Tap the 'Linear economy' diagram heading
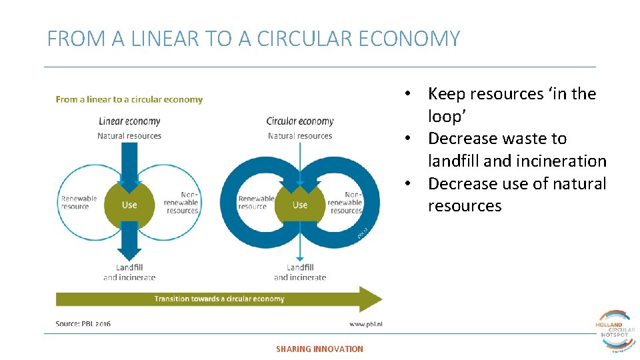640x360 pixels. tap(129, 121)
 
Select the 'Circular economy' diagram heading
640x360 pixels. tap(300, 121)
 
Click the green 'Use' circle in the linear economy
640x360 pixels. tap(129, 205)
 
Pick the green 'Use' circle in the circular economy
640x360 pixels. tap(300, 205)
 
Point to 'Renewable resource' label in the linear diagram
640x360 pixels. tap(79, 203)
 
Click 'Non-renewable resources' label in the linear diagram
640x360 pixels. tap(181, 202)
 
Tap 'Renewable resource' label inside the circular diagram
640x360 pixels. tap(256, 203)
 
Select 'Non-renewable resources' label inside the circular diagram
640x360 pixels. tap(345, 202)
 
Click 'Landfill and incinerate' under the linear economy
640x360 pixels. tap(129, 273)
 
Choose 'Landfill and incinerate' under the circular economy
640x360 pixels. tap(300, 273)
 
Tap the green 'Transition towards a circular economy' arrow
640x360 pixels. tap(219, 299)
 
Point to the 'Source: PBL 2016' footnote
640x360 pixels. tap(83, 324)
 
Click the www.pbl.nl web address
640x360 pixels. tap(365, 324)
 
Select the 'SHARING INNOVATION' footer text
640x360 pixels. tap(320, 349)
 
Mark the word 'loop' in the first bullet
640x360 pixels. tap(445, 117)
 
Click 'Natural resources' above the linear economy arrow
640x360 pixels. tap(129, 136)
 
